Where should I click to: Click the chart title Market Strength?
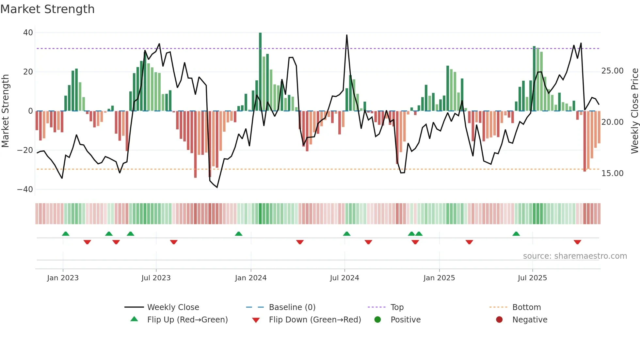pos(47,9)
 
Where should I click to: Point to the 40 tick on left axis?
pos(28,33)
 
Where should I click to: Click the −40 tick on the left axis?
pos(25,189)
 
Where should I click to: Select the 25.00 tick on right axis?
pos(612,71)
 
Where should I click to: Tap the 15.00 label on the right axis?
pos(612,173)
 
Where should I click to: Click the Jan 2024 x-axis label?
pos(250,278)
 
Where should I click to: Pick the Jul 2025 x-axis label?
pos(532,278)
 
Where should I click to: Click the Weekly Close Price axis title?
pos(634,111)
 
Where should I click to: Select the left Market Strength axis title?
pos(6,111)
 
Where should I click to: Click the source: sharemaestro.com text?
pos(575,256)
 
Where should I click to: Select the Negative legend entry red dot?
pos(499,320)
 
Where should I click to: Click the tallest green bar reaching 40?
pos(260,72)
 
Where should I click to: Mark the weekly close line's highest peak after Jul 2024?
pos(346,35)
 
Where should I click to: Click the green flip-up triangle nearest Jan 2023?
pos(66,234)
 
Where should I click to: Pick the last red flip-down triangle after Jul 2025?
pos(577,242)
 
